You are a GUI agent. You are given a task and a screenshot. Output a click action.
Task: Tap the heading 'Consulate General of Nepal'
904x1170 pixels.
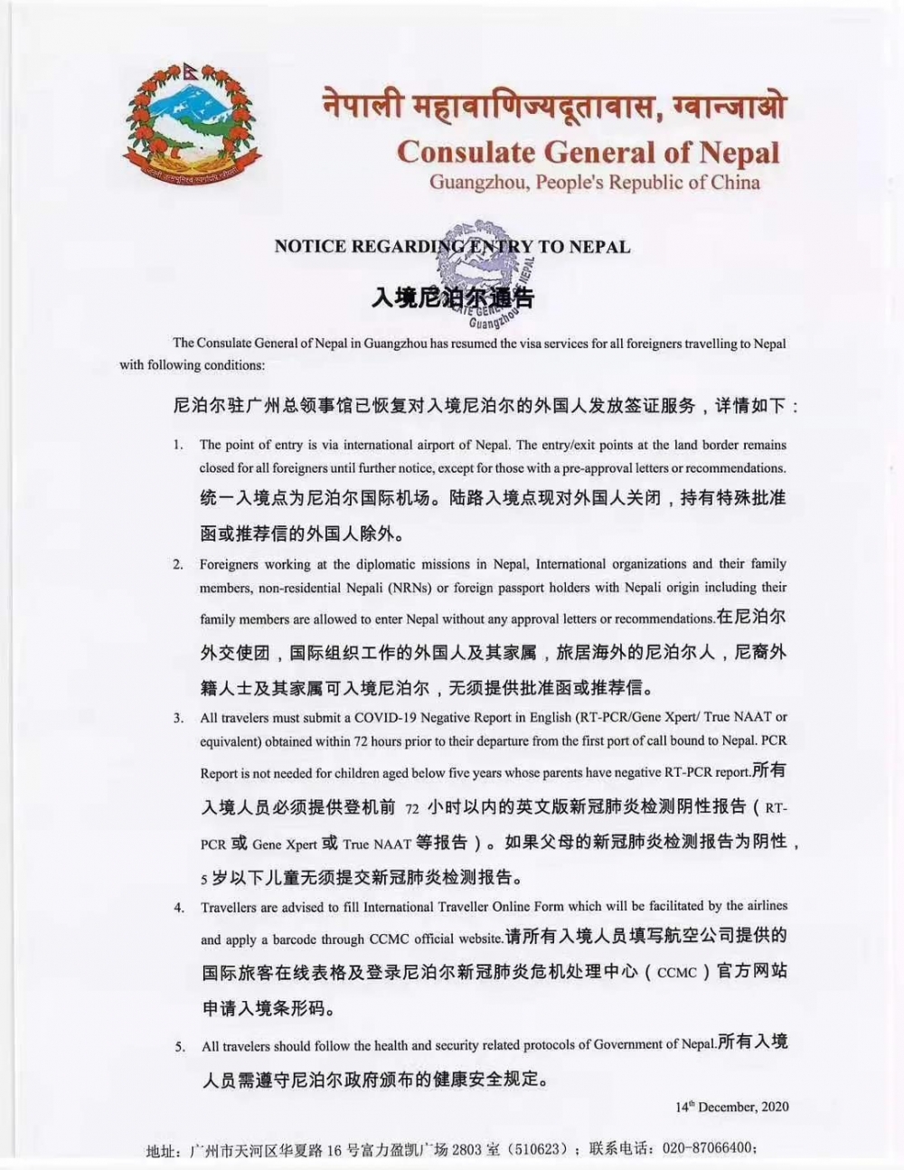pyautogui.click(x=588, y=151)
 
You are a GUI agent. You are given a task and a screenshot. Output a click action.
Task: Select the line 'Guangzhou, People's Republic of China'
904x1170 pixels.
pyautogui.click(x=594, y=182)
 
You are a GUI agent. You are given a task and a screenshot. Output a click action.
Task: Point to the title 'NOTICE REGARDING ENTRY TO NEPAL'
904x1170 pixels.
pyautogui.click(x=452, y=246)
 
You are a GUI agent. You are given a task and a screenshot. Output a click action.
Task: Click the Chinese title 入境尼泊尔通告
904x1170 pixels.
pyautogui.click(x=452, y=297)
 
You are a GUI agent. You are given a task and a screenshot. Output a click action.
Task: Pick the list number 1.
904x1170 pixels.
pyautogui.click(x=178, y=445)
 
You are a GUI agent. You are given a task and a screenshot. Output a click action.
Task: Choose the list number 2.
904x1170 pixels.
pyautogui.click(x=178, y=564)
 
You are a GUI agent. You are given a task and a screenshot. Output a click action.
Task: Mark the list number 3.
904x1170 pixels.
pyautogui.click(x=178, y=718)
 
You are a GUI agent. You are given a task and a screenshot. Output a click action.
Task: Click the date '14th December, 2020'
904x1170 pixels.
pyautogui.click(x=732, y=1106)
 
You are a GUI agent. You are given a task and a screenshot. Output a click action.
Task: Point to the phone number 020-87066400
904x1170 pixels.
pyautogui.click(x=709, y=1149)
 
